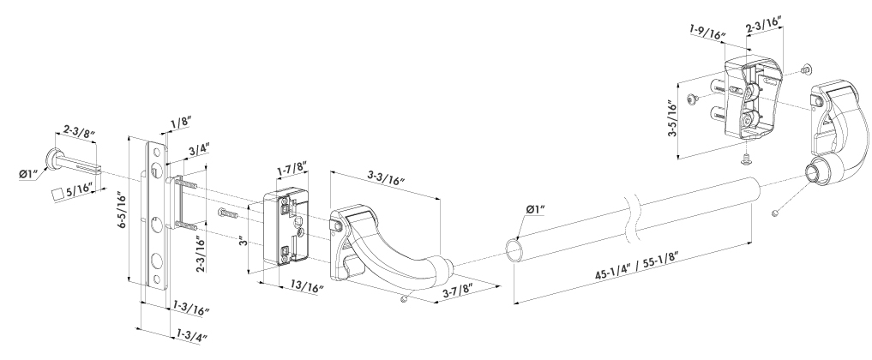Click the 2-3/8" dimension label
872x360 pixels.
(x=78, y=132)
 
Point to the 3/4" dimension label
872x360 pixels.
(x=199, y=150)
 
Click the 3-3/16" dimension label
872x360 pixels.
(x=385, y=180)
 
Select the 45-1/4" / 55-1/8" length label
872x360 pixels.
(x=636, y=267)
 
